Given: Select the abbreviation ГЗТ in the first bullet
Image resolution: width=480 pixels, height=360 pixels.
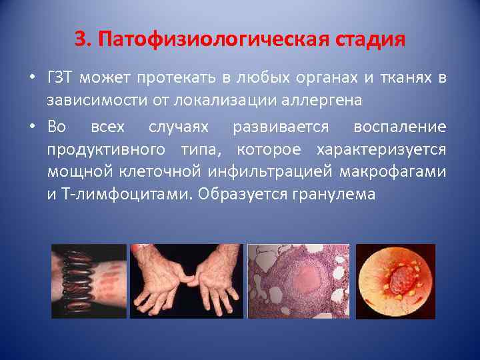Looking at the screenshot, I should coord(62,79).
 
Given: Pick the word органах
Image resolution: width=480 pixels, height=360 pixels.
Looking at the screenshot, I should coord(327,79).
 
